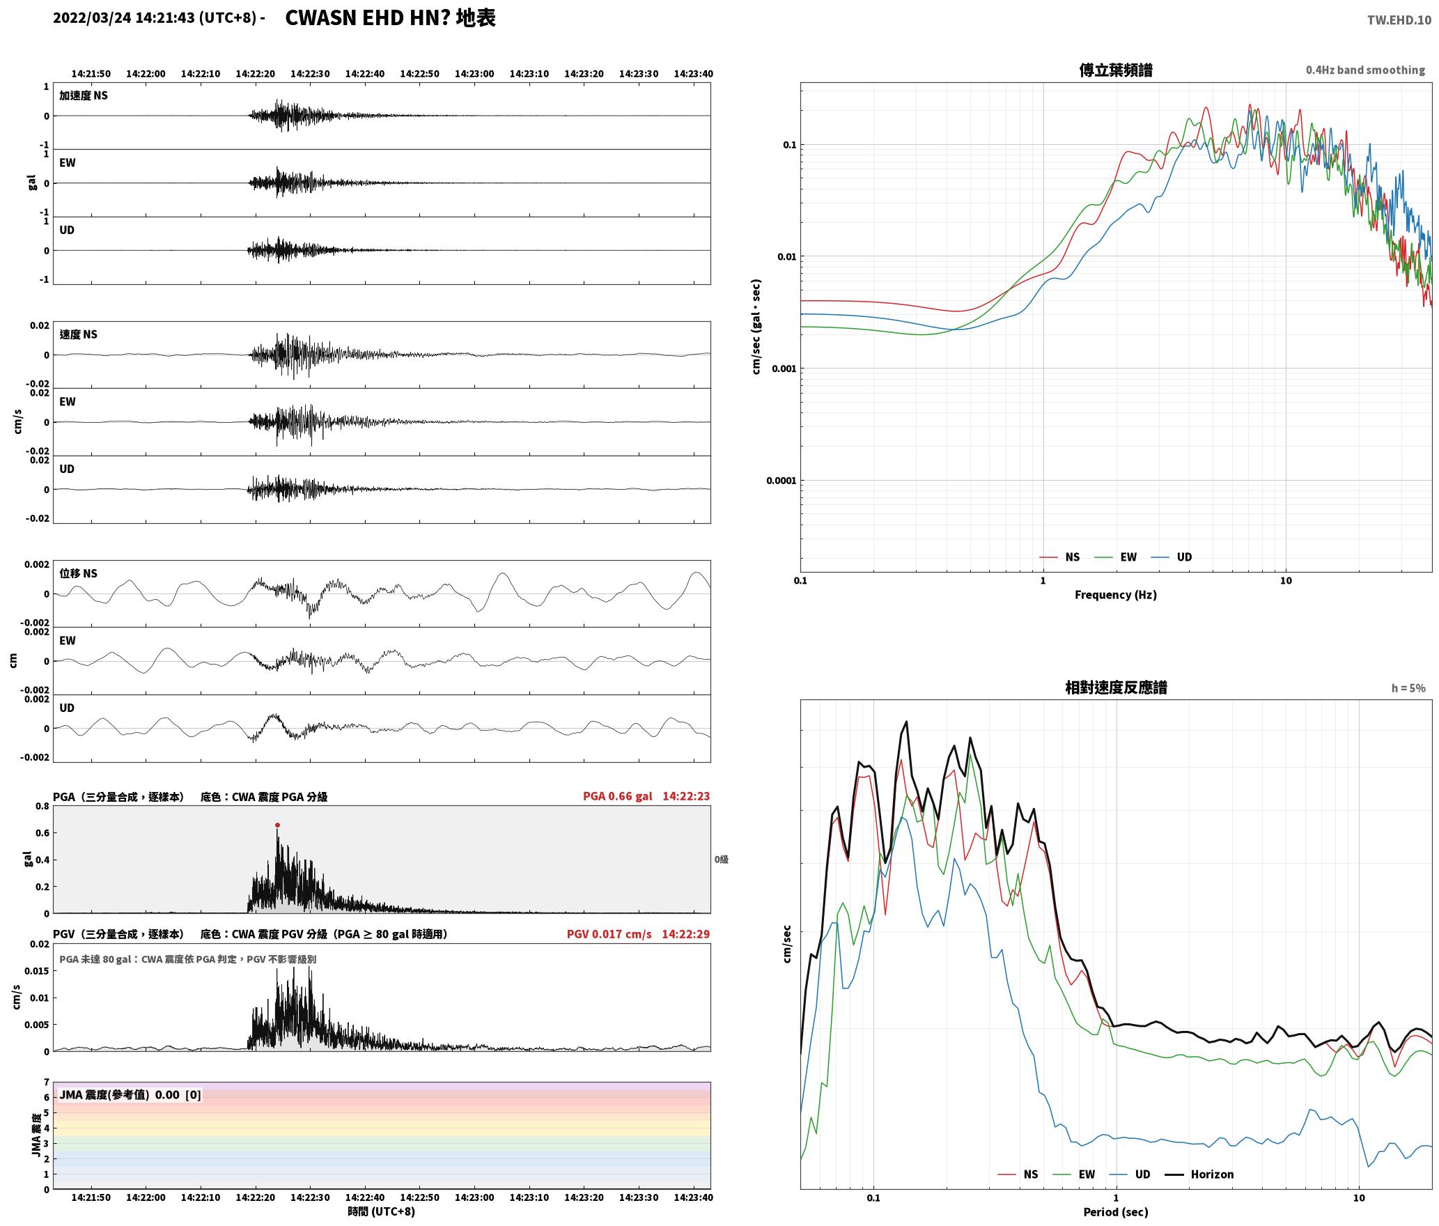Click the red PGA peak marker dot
pyautogui.click(x=277, y=825)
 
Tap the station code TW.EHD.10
pyautogui.click(x=1399, y=20)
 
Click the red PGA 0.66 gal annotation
pyautogui.click(x=617, y=796)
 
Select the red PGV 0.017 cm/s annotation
pyautogui.click(x=609, y=934)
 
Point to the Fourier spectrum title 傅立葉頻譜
pyautogui.click(x=1115, y=70)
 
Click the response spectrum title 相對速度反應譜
pyautogui.click(x=1116, y=688)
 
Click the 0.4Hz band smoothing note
pyautogui.click(x=1365, y=70)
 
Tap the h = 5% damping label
pyautogui.click(x=1408, y=688)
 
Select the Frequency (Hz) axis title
pyautogui.click(x=1115, y=595)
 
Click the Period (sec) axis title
pyautogui.click(x=1115, y=1212)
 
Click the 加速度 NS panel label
pyautogui.click(x=84, y=95)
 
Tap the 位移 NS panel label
pyautogui.click(x=78, y=573)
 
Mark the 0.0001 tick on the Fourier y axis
pyautogui.click(x=781, y=481)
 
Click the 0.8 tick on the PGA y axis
pyautogui.click(x=42, y=807)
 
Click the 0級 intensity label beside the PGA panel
pyautogui.click(x=721, y=860)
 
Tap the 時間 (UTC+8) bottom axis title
pyautogui.click(x=381, y=1212)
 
